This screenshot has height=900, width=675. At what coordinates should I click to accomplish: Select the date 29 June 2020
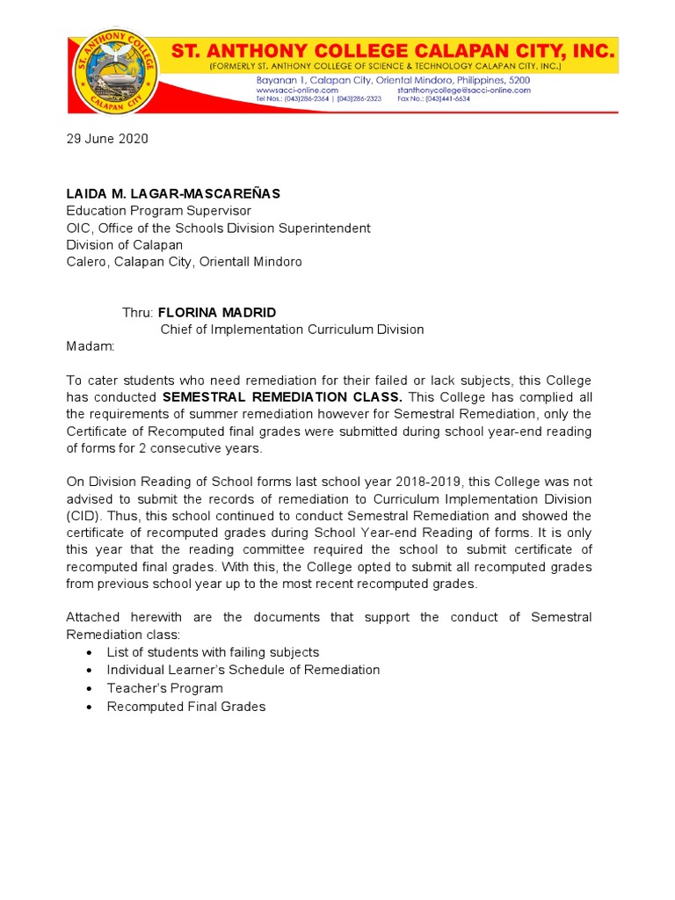click(107, 139)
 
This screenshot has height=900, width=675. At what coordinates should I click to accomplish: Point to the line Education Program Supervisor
click(159, 211)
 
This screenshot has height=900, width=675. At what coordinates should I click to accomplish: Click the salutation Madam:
click(91, 346)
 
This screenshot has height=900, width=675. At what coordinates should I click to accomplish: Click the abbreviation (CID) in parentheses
click(85, 516)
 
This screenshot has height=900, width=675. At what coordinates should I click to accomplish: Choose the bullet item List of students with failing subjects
click(213, 652)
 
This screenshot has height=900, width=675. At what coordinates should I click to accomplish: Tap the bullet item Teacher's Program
click(164, 688)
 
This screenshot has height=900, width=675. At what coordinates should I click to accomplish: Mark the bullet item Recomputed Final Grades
click(185, 707)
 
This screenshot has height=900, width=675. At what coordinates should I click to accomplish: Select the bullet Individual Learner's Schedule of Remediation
click(243, 670)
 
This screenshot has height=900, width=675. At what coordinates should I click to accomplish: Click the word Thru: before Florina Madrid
click(137, 312)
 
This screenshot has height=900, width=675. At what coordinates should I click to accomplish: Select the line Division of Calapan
click(125, 245)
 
